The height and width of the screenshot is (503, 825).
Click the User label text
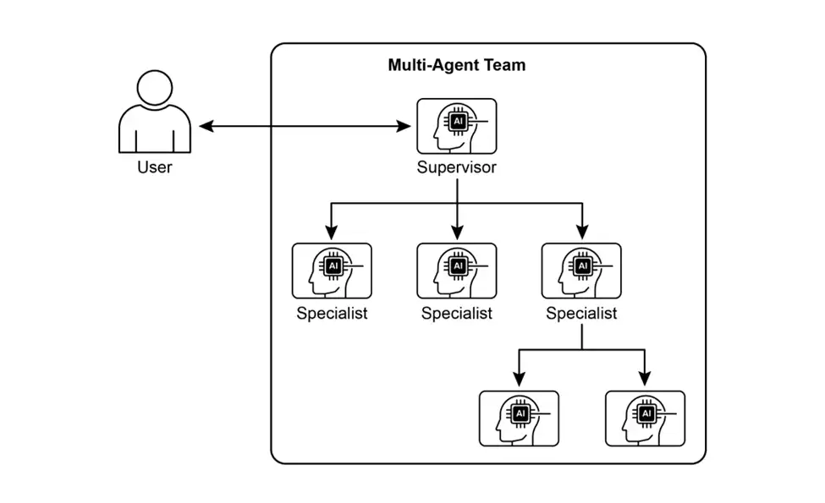coord(154,167)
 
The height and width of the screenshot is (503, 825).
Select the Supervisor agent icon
coord(457,126)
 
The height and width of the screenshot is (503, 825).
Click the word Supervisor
coord(457,167)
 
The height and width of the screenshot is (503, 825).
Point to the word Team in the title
coord(502,65)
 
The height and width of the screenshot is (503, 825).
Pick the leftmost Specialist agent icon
coord(332,271)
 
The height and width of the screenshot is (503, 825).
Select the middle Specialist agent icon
coord(457,271)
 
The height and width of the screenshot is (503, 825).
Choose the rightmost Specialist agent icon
coord(581,271)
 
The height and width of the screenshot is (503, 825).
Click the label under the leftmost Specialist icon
coord(332,314)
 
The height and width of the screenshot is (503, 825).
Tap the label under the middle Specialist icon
coord(457,314)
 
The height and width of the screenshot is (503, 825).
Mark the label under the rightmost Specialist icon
coord(581,314)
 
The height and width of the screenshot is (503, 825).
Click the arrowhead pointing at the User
coord(206,127)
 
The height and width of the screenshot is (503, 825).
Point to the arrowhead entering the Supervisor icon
coord(404,127)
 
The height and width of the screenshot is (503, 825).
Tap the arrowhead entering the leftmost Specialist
coord(332,232)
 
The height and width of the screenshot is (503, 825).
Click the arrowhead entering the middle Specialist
coord(457,232)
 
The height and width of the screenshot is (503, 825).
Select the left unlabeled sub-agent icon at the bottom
coord(519,418)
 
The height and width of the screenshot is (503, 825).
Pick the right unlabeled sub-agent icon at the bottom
coord(645,418)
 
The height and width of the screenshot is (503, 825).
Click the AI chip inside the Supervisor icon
coord(458,122)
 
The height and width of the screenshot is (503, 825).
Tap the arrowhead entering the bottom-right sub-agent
coord(645,379)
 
